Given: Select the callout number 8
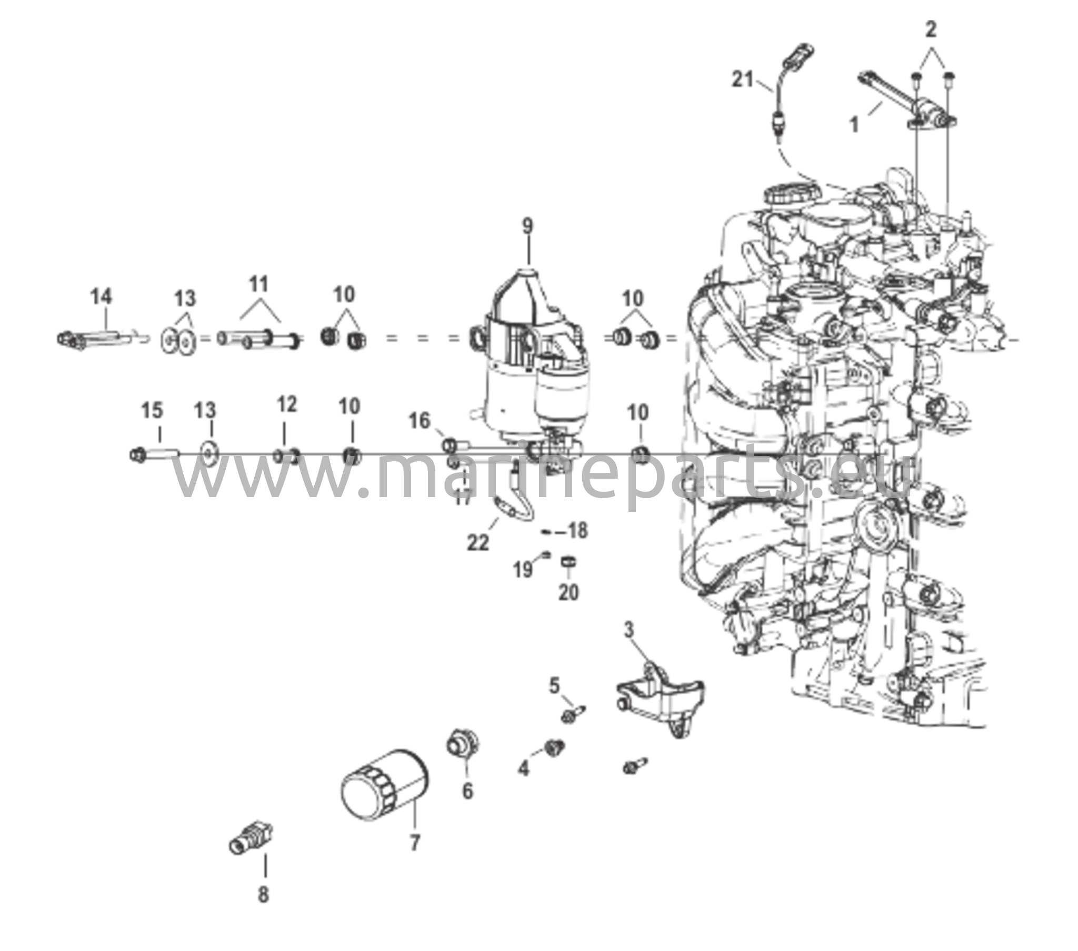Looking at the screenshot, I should pyautogui.click(x=263, y=895).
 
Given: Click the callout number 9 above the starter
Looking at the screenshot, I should pyautogui.click(x=528, y=227).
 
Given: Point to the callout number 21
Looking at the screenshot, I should pyautogui.click(x=743, y=80).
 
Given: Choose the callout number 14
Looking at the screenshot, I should pyautogui.click(x=101, y=297).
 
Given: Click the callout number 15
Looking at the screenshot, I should pyautogui.click(x=153, y=411).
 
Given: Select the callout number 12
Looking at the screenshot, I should pyautogui.click(x=287, y=405).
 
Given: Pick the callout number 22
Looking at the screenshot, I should pyautogui.click(x=478, y=542).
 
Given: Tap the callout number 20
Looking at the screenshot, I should pyautogui.click(x=568, y=592).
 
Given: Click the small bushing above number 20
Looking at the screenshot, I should pyautogui.click(x=568, y=563).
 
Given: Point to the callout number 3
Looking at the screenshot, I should pyautogui.click(x=628, y=631).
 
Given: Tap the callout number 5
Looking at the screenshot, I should pyautogui.click(x=554, y=686).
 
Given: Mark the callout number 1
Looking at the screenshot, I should pyautogui.click(x=854, y=126).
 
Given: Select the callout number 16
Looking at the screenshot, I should pyautogui.click(x=420, y=421).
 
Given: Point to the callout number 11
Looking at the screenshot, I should pyautogui.click(x=259, y=285).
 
